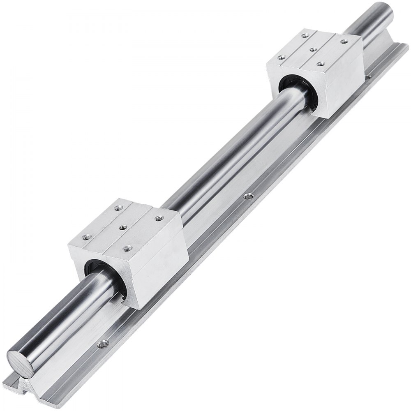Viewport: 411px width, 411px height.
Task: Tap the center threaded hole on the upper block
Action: tap(314, 49)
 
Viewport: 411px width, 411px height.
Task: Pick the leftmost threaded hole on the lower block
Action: tap(87, 237)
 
